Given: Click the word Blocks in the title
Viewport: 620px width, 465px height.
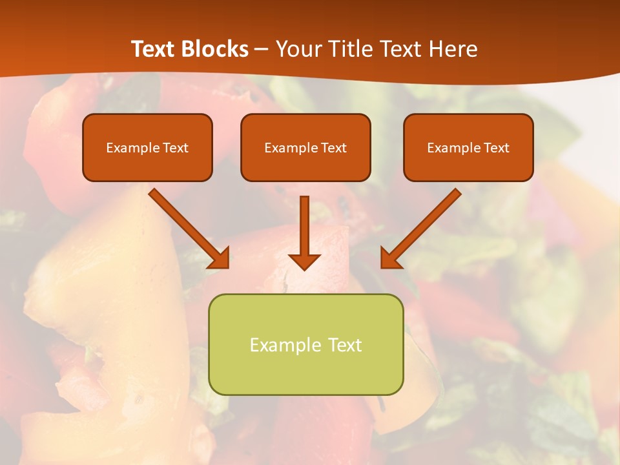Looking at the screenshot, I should pos(216,49).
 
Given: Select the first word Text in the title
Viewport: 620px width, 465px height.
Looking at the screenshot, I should pos(154,49).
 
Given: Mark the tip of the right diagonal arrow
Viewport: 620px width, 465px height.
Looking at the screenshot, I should pos(382,267).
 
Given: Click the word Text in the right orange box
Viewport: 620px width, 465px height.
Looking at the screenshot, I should pos(497,148).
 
